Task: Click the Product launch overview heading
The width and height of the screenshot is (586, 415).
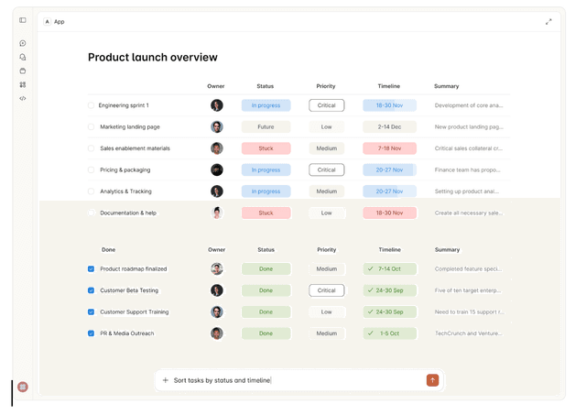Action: tap(153, 58)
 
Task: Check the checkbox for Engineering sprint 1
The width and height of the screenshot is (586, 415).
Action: tap(92, 105)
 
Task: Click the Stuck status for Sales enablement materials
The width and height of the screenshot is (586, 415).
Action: tap(266, 148)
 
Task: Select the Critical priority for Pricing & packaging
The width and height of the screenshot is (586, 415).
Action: tap(327, 169)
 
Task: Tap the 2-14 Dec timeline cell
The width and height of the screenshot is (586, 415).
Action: tap(389, 127)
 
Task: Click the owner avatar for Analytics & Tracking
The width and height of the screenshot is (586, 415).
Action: tap(217, 191)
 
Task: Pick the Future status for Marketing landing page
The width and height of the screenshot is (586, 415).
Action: tap(266, 127)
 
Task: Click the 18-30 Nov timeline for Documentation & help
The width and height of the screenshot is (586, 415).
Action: tap(389, 213)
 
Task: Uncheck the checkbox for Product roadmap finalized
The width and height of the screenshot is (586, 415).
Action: tap(92, 269)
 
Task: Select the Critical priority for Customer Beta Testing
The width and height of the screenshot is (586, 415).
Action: tap(327, 290)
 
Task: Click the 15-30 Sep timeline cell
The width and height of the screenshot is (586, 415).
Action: tap(389, 312)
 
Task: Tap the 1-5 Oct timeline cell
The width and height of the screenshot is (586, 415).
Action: tap(389, 333)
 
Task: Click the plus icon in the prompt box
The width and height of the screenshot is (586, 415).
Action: tap(166, 380)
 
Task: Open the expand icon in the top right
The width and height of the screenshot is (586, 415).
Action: tap(548, 21)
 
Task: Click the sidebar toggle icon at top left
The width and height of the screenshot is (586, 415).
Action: tap(23, 20)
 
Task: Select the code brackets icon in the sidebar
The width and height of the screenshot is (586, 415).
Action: tap(23, 98)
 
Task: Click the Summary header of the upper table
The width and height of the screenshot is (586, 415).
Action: tap(447, 86)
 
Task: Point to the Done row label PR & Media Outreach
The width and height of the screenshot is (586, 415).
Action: tap(127, 333)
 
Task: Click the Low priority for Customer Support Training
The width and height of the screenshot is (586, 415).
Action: tap(327, 312)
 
